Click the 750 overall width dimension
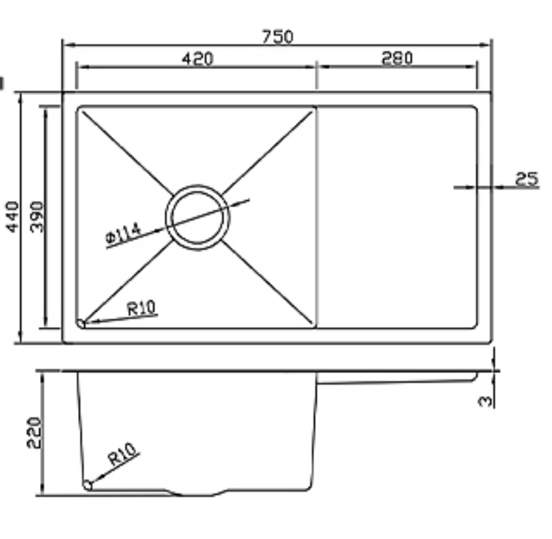[278, 37]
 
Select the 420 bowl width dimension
[197, 58]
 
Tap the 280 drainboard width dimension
[397, 58]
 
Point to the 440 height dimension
[13, 216]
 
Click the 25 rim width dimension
[527, 179]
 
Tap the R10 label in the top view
[141, 309]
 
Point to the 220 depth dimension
[33, 432]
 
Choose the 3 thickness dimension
[485, 401]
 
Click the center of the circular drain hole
[197, 217]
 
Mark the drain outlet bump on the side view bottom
[197, 493]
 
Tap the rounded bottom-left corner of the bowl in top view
[81, 324]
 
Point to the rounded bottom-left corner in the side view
[87, 485]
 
